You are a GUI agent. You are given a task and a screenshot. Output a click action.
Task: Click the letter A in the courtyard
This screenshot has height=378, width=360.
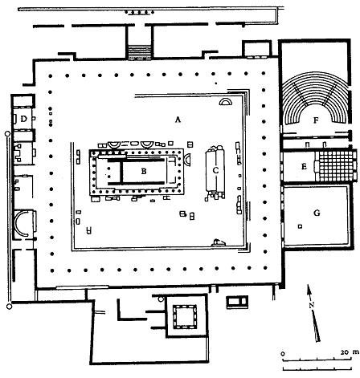tap(178, 120)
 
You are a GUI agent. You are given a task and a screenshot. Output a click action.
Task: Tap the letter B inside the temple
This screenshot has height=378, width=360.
tap(144, 171)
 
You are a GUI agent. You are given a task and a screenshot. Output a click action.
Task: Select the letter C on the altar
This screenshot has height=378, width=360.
tap(215, 170)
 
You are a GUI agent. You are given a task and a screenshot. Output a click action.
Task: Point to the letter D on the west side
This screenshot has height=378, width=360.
tap(24, 119)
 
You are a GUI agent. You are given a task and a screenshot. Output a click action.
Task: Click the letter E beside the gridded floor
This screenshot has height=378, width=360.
tap(304, 166)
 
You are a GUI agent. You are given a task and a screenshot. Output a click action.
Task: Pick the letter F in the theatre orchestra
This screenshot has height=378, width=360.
tap(316, 120)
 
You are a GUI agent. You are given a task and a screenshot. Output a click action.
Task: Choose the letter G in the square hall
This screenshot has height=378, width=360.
tap(317, 213)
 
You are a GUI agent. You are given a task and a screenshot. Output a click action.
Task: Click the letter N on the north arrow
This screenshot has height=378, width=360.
tap(312, 305)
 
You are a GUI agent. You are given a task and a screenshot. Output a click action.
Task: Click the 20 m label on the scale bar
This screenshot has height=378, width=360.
tap(350, 352)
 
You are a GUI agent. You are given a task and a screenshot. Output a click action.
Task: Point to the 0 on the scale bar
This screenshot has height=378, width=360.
tap(283, 354)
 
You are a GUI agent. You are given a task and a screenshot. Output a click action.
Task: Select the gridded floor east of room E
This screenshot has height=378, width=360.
tap(336, 166)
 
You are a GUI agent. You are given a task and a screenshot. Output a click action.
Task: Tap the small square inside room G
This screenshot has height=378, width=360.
tap(301, 226)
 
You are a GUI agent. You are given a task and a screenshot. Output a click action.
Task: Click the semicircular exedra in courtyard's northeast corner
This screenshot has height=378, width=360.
tap(225, 102)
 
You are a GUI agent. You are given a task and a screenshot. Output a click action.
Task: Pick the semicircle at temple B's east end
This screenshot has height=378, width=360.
tap(187, 160)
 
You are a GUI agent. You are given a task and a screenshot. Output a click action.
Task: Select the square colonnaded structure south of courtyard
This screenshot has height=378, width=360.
tap(185, 316)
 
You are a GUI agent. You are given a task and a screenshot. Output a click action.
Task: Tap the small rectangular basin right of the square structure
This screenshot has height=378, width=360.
tap(237, 302)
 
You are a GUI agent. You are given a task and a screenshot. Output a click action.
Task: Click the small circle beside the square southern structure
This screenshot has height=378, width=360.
tap(161, 299)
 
